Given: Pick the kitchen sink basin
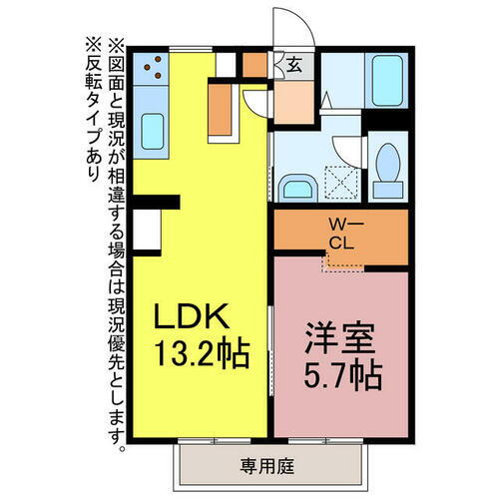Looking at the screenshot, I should (153, 129).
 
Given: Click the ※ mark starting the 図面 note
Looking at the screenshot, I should (115, 45).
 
